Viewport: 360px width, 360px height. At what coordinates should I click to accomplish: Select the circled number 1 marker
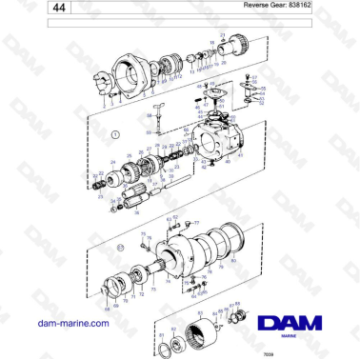(115, 137)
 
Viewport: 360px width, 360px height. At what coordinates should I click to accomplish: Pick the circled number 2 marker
(120, 248)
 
